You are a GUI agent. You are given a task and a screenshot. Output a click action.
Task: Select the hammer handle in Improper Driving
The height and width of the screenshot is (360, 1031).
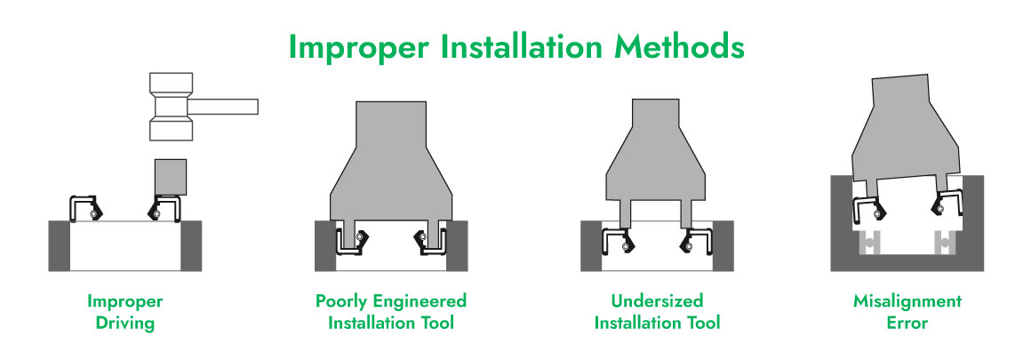tap(223, 106)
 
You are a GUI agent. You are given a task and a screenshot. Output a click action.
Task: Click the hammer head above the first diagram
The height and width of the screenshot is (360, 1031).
tap(171, 106)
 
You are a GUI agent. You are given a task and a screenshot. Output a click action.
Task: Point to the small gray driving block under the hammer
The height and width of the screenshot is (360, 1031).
tap(171, 177)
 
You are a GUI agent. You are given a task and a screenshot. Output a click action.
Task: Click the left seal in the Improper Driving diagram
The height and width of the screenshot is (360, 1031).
tap(83, 207)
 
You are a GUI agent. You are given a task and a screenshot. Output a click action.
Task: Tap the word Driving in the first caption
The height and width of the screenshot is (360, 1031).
tap(125, 324)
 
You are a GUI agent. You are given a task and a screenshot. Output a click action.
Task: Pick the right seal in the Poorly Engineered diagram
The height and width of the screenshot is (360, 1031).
tap(429, 241)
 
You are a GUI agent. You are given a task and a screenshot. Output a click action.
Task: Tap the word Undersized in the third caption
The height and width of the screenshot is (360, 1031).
tap(657, 301)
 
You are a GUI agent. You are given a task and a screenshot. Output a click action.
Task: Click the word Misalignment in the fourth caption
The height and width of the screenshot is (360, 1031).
tap(907, 301)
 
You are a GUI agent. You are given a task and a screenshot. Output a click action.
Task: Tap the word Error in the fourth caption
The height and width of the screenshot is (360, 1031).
tap(907, 324)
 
